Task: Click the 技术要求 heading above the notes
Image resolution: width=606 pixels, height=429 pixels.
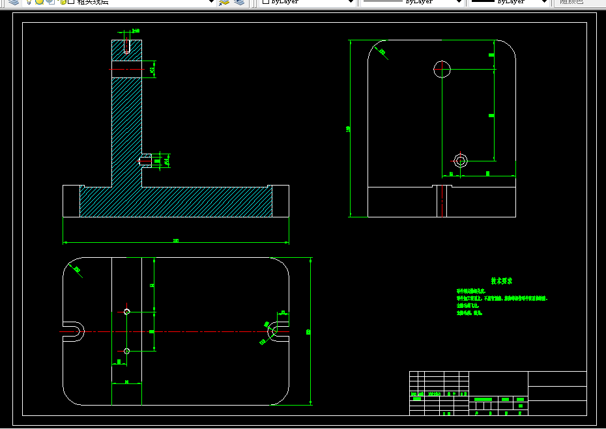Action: click(x=501, y=281)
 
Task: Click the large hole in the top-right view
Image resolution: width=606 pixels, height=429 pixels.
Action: click(x=442, y=68)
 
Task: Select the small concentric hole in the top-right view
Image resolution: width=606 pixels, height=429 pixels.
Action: click(x=461, y=160)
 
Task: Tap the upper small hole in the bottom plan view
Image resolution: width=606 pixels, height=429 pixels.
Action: click(x=127, y=312)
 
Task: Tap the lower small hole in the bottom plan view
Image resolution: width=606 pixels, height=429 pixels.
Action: click(x=127, y=351)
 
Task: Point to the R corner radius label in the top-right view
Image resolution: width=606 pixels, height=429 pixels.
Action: click(x=382, y=52)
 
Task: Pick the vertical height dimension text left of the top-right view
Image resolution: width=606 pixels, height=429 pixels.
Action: click(x=349, y=129)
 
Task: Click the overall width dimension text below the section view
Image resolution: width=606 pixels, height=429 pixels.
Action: click(x=176, y=241)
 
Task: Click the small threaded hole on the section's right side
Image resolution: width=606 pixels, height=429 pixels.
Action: click(x=146, y=159)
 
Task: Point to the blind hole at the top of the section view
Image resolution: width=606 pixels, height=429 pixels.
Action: click(x=127, y=46)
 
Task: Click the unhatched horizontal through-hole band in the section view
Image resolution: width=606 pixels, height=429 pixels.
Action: click(x=126, y=69)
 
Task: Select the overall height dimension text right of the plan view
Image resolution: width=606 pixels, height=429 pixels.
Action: click(x=308, y=331)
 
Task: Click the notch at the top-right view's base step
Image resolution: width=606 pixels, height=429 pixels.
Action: click(x=442, y=201)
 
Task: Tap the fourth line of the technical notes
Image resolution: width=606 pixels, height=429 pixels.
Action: click(x=469, y=313)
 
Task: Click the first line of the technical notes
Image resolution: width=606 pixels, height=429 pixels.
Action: click(x=471, y=290)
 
